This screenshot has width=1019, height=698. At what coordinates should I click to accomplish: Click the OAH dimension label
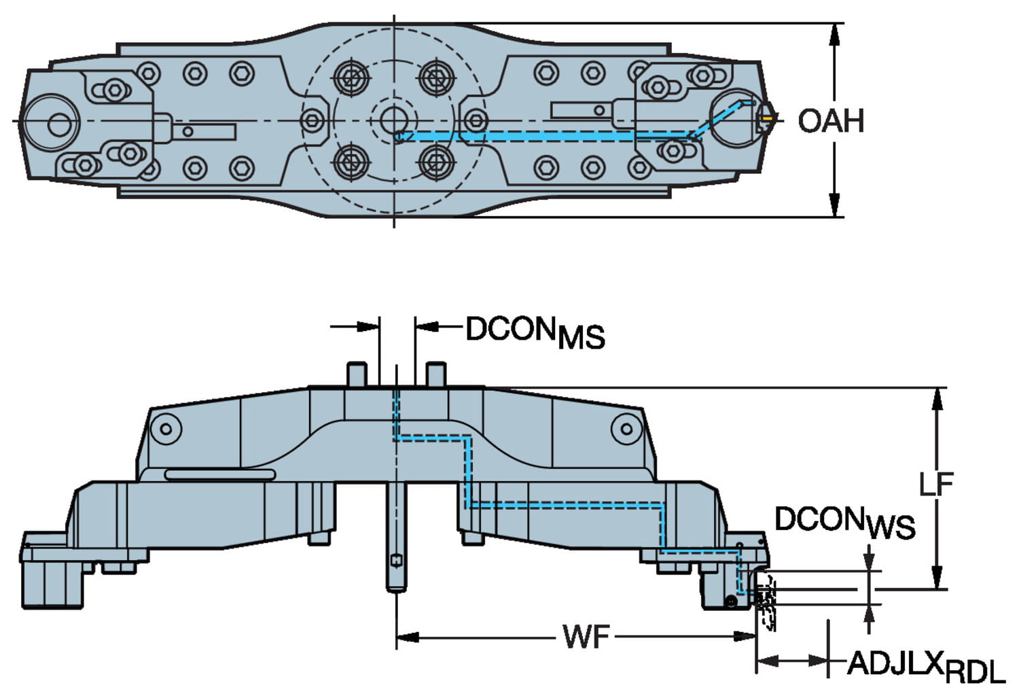830,121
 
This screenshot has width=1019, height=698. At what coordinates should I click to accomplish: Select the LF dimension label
936,484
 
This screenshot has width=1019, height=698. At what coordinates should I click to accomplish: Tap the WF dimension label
586,638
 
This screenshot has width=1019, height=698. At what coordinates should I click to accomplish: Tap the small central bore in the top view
392,121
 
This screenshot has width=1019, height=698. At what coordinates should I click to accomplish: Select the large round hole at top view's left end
57,124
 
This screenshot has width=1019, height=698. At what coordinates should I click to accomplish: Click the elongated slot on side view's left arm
220,474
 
